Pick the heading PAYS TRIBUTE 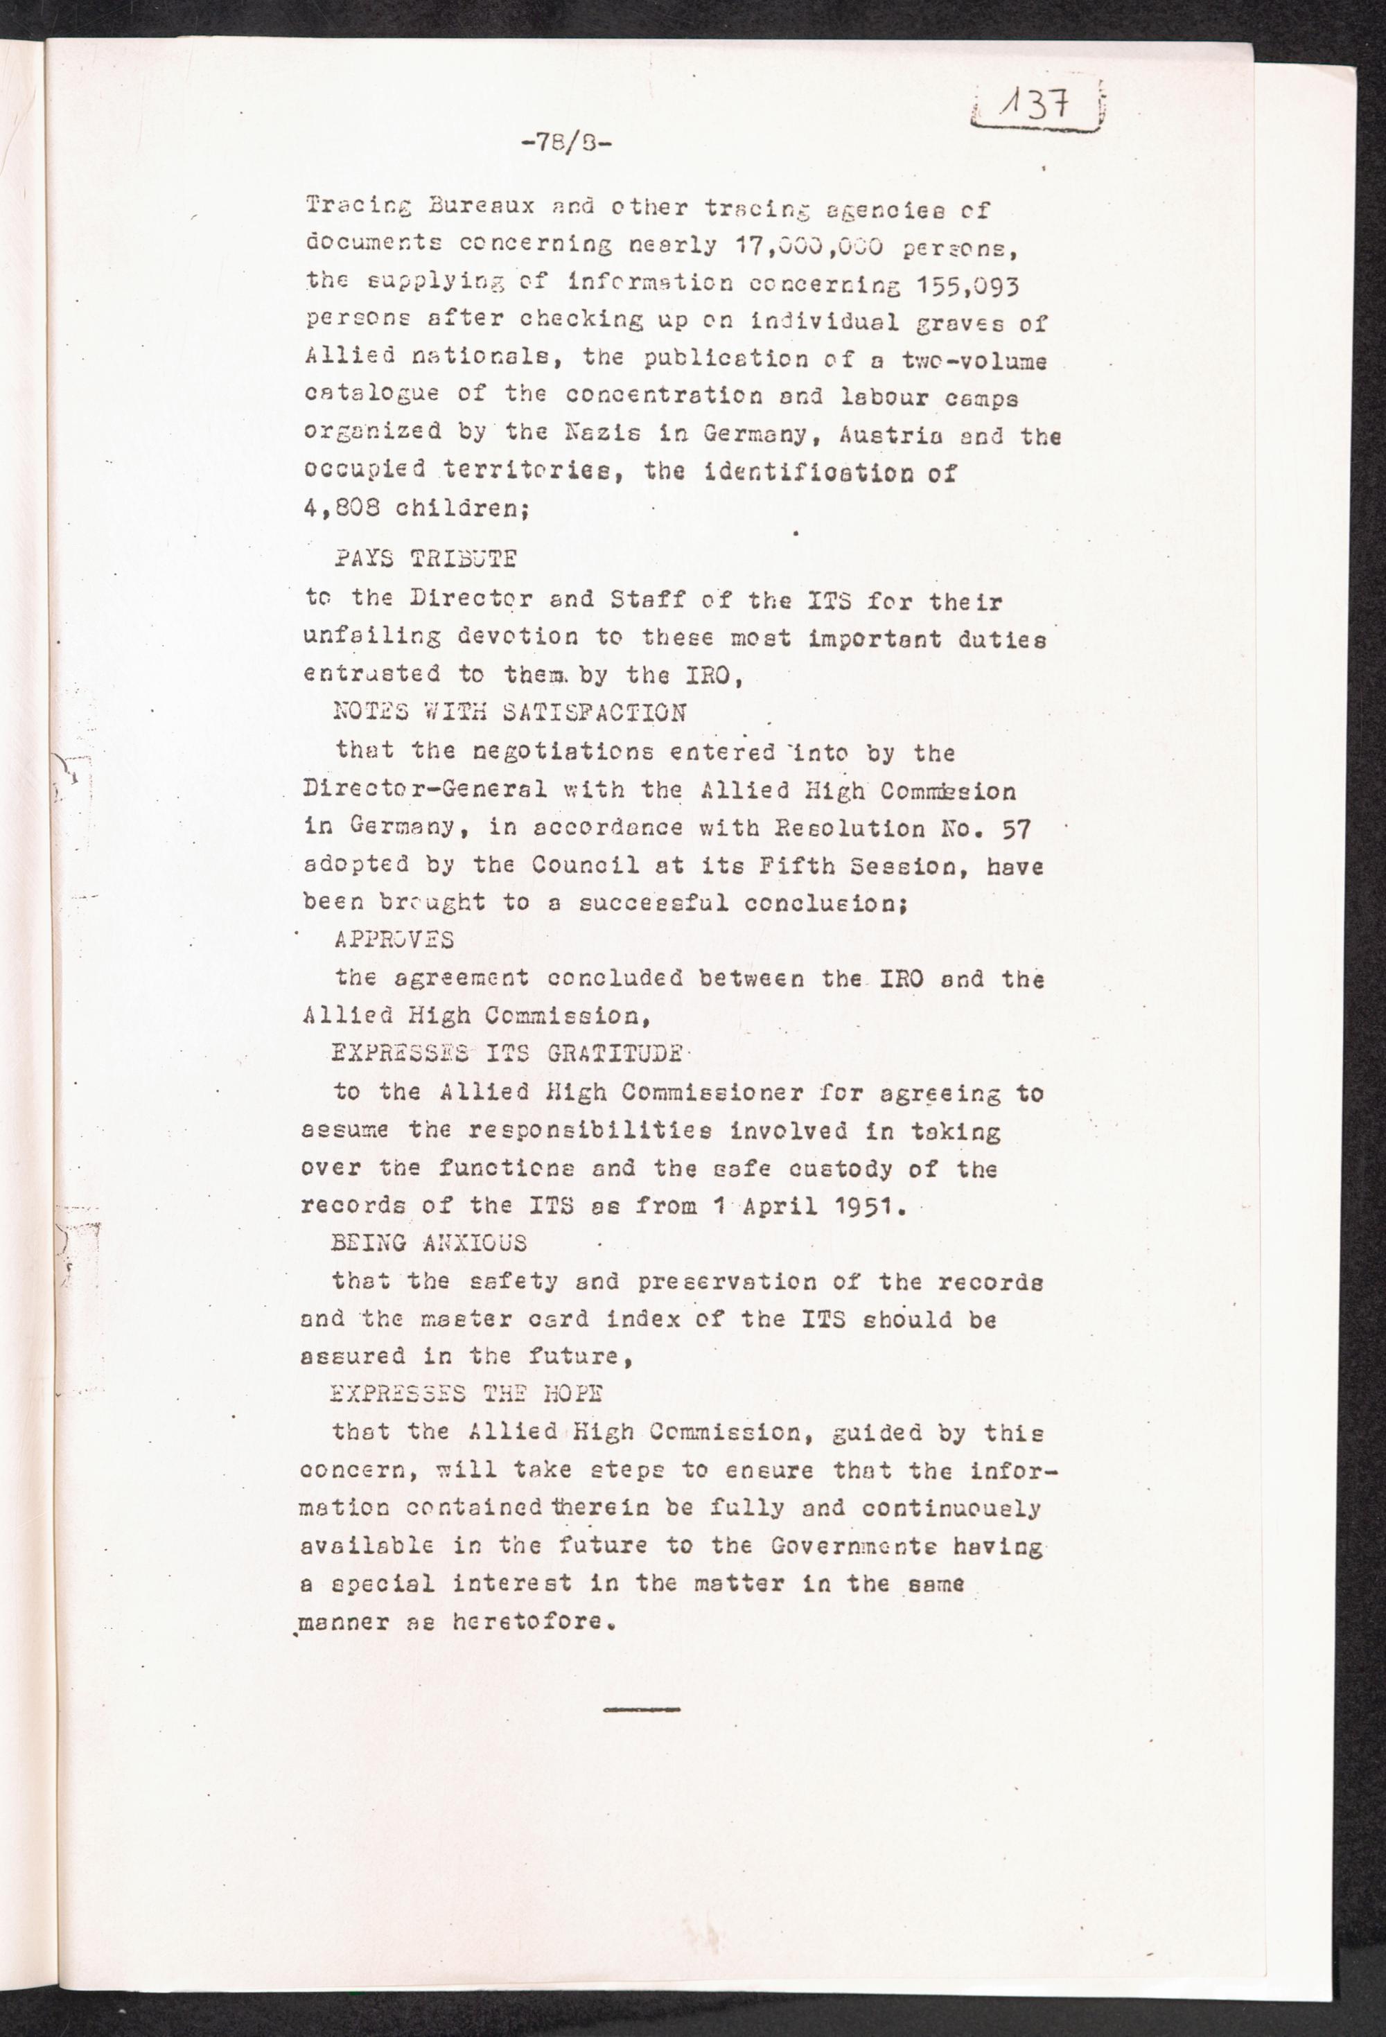[427, 559]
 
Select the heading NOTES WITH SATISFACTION [510, 712]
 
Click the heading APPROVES [394, 940]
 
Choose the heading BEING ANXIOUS [429, 1243]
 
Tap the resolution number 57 [1015, 828]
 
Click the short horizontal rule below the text [642, 1709]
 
